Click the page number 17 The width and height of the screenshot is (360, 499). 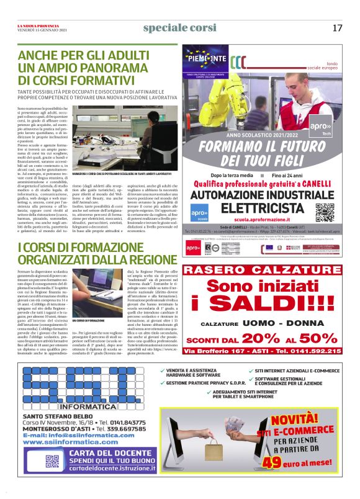(337, 28)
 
